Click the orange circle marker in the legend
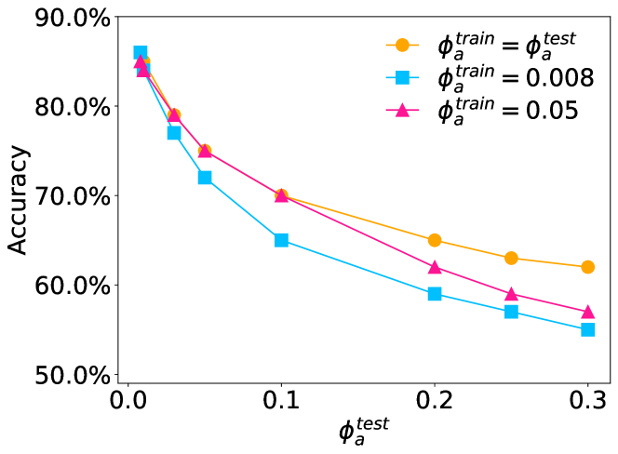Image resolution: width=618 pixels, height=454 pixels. pos(402,45)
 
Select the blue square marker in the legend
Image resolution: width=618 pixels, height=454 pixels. pos(402,77)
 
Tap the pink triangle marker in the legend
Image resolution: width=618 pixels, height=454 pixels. pos(402,111)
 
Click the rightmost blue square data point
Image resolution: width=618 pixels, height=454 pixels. pos(588,329)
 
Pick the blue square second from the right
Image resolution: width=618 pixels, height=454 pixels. pos(511,312)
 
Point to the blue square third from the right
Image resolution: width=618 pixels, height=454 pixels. pos(435,294)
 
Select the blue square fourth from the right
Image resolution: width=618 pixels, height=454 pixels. pos(281,240)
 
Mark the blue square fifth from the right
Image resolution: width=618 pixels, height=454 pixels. pos(205,178)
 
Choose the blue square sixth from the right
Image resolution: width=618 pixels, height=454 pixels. pos(174,133)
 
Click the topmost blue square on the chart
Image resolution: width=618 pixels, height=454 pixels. pos(141,53)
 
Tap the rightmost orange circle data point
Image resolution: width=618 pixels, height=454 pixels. pos(588,267)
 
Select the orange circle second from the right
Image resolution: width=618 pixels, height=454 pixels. pos(511,258)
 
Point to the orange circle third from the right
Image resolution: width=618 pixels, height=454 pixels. pos(435,240)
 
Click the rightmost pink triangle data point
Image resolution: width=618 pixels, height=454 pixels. pos(588,312)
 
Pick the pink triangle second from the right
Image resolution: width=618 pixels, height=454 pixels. pos(511,294)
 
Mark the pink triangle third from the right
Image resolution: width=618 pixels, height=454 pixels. pos(435,267)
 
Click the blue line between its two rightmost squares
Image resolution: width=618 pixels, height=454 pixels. pos(549,321)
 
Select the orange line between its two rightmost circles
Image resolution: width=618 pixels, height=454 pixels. pos(549,262)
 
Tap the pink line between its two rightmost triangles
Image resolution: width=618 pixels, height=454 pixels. pos(549,303)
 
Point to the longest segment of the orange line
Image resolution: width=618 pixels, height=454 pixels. pos(358,218)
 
